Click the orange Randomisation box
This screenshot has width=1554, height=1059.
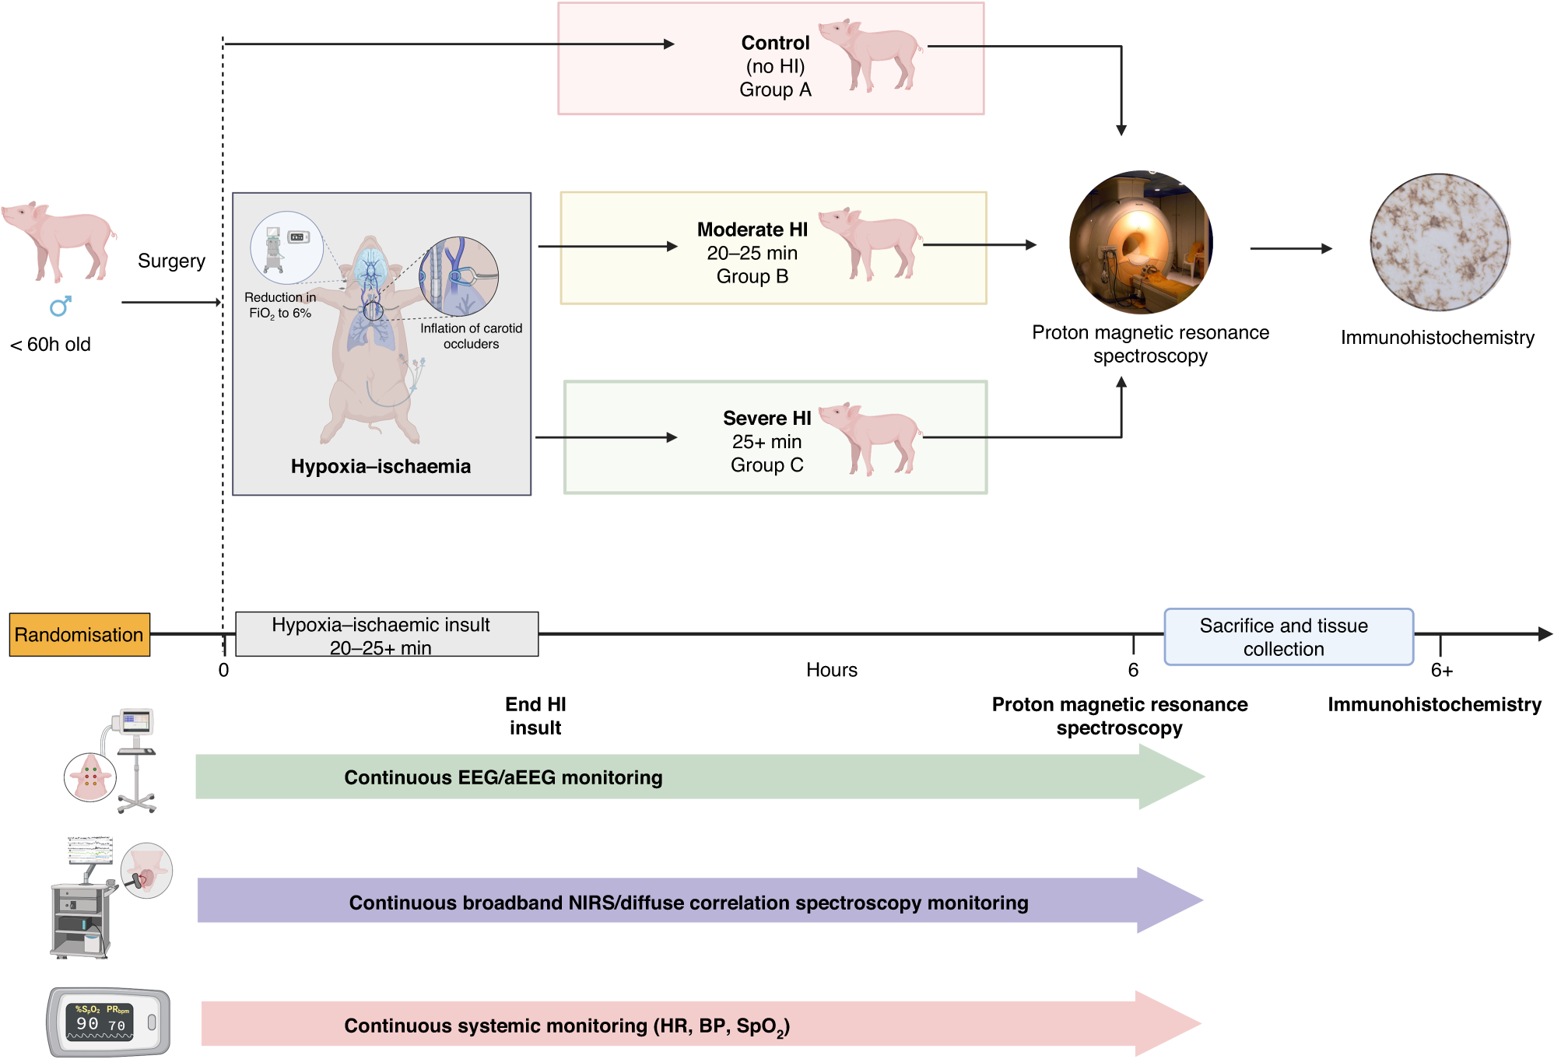79,634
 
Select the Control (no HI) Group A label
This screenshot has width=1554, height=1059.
775,66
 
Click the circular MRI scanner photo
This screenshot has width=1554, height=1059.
1140,242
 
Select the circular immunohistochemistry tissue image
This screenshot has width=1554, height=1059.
1440,243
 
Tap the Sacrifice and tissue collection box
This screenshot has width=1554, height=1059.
1288,636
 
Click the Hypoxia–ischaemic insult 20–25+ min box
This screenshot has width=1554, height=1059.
386,635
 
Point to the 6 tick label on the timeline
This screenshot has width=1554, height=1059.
1133,670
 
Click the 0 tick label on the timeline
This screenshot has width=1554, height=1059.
223,670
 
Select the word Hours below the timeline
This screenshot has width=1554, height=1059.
831,670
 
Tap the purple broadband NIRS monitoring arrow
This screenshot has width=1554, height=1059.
688,902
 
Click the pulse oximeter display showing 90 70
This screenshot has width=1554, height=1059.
101,1022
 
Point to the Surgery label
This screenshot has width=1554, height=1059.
171,261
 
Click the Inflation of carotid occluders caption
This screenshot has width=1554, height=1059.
471,336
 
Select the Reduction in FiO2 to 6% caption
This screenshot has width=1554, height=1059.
280,305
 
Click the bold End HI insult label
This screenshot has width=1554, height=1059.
535,715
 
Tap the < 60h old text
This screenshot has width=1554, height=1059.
51,344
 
